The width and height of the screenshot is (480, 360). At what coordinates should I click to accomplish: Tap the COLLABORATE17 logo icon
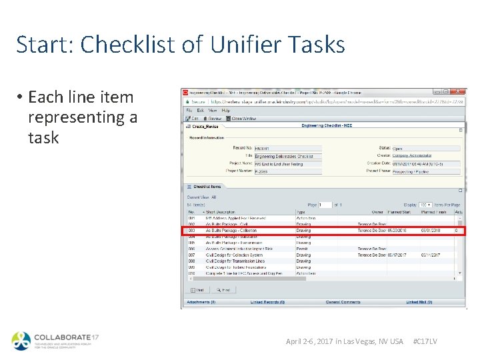(21, 341)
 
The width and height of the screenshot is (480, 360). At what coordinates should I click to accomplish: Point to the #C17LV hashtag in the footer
(425, 341)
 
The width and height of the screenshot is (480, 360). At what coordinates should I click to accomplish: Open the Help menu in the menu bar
(225, 110)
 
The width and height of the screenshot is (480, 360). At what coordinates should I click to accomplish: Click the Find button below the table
(222, 290)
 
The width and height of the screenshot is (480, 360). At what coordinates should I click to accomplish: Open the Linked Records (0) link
(267, 302)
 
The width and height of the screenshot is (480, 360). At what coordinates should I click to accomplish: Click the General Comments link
(343, 302)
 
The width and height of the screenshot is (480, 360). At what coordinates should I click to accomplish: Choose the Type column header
(301, 212)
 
